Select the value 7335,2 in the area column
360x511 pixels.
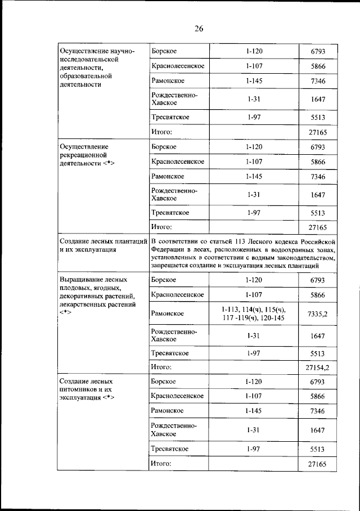coord(318,313)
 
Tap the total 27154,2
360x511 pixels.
coord(318,367)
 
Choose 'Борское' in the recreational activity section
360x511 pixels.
coord(164,147)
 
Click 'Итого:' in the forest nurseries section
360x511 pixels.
coord(161,464)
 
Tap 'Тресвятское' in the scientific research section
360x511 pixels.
coord(170,118)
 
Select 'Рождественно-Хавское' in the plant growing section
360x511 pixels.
coord(174,335)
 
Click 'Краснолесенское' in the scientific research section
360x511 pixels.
coord(177,66)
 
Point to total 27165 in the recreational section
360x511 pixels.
coord(318,227)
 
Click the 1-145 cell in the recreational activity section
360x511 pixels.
coord(254,177)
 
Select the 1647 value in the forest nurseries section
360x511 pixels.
coord(318,430)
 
